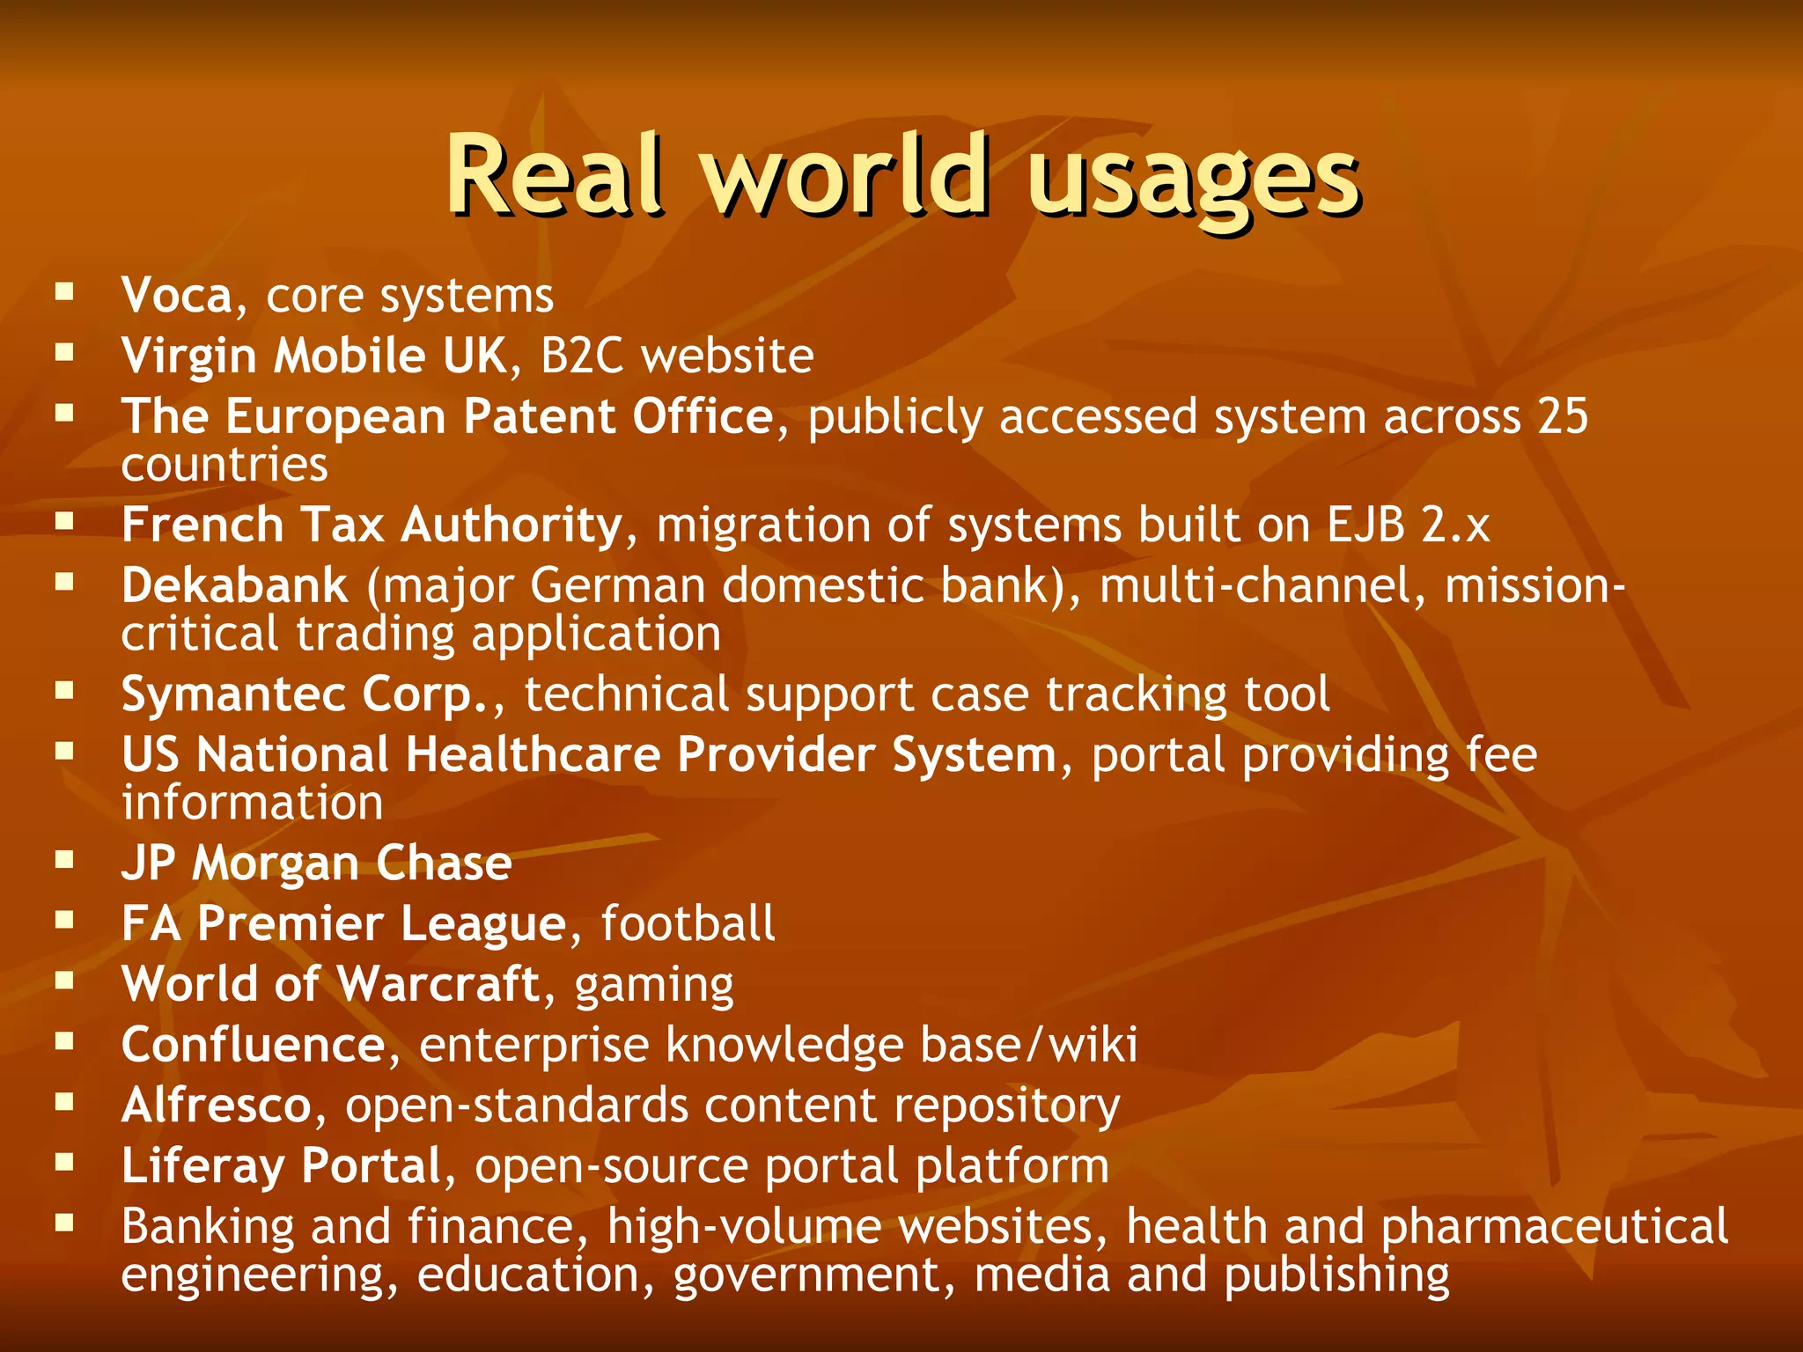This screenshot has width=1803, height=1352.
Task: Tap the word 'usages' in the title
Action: coord(1194,180)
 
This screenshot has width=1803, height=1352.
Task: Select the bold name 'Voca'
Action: coord(177,296)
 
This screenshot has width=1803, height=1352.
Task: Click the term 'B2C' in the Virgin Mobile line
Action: coord(582,356)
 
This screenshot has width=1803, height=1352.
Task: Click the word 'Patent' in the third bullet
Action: coord(539,416)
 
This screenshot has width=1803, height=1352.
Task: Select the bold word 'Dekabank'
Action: coord(235,586)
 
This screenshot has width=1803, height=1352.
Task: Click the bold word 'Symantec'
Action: coord(233,695)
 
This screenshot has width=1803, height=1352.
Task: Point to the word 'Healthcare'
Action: coord(533,755)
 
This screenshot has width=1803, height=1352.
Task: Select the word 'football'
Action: coord(688,924)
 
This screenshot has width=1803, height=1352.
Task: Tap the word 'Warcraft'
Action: coord(438,984)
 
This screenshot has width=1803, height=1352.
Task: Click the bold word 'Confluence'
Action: coord(254,1045)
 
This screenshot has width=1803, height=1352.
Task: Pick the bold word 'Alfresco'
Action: coord(217,1106)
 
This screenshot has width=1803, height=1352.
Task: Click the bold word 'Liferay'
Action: coord(202,1166)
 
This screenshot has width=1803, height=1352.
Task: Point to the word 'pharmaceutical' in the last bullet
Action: coord(1554,1227)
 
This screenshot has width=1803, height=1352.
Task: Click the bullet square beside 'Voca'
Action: coord(64,291)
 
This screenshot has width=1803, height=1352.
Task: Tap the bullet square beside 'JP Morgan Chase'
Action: coord(64,859)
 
